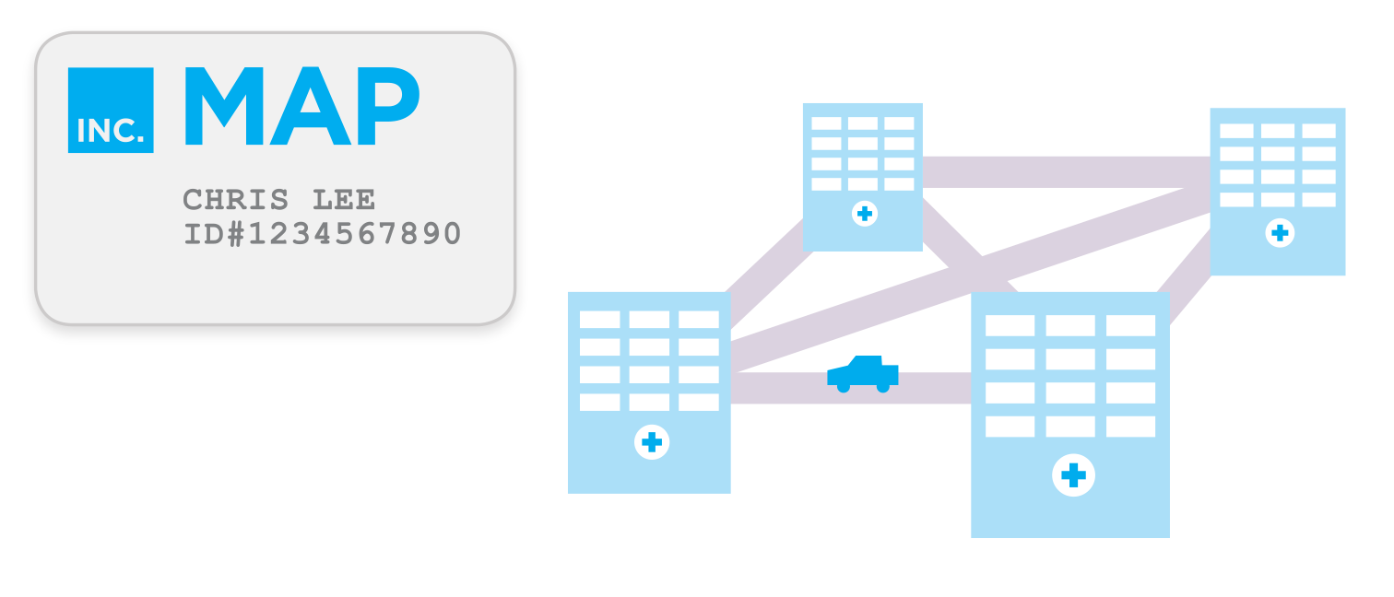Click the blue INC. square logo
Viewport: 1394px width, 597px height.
pos(111,110)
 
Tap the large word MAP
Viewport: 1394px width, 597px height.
pos(302,107)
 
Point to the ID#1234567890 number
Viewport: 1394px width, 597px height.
pos(322,234)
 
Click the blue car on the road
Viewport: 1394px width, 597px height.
pos(863,373)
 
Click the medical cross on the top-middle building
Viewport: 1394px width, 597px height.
pos(864,214)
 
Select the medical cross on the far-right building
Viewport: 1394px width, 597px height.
pos(1279,233)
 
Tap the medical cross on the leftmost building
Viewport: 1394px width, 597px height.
pos(652,442)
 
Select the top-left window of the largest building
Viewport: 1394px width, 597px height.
pos(1010,325)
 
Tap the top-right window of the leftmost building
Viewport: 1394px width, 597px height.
pos(698,320)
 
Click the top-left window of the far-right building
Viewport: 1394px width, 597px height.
pos(1236,131)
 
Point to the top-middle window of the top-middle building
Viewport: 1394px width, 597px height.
pos(863,123)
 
